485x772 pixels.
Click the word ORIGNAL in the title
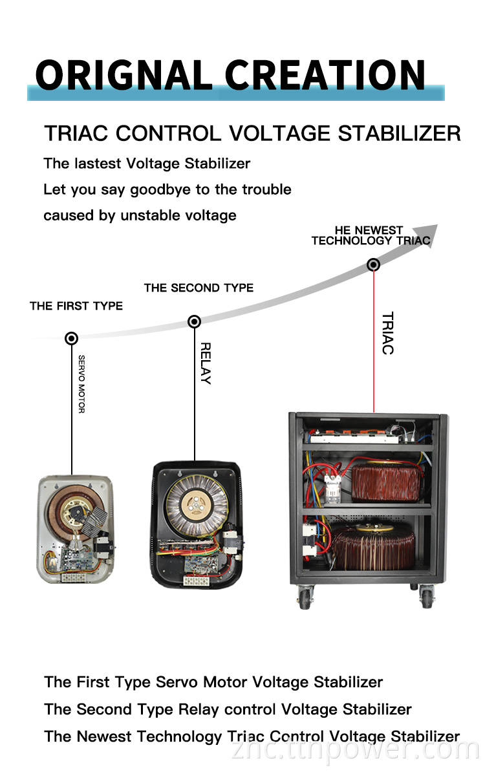tap(124, 75)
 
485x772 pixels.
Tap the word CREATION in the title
tap(325, 75)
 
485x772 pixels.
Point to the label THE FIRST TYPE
tap(76, 306)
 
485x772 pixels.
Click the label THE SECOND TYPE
tap(199, 288)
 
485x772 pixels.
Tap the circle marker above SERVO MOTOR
tap(71, 338)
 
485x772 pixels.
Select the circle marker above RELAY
tap(195, 321)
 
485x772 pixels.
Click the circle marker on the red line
tap(373, 264)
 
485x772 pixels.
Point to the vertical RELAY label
tap(206, 363)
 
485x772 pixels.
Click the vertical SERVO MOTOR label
tap(81, 384)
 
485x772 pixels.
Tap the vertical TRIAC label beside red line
tap(388, 334)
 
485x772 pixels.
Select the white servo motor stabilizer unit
tap(76, 530)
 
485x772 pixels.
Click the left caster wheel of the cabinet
tap(305, 597)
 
